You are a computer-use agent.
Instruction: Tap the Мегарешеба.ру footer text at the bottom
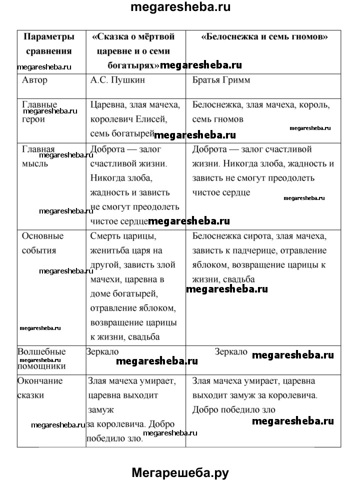(x=180, y=472)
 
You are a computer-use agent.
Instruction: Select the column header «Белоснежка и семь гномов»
(x=264, y=37)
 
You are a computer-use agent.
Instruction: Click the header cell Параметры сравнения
(x=49, y=43)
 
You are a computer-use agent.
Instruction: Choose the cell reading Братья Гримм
(x=221, y=79)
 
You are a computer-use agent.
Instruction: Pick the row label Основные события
(x=43, y=242)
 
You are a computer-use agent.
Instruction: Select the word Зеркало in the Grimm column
(x=231, y=352)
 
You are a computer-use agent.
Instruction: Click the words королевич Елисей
(x=128, y=119)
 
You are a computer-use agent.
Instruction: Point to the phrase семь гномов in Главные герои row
(x=218, y=119)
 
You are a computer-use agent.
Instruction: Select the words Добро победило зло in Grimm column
(x=233, y=409)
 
